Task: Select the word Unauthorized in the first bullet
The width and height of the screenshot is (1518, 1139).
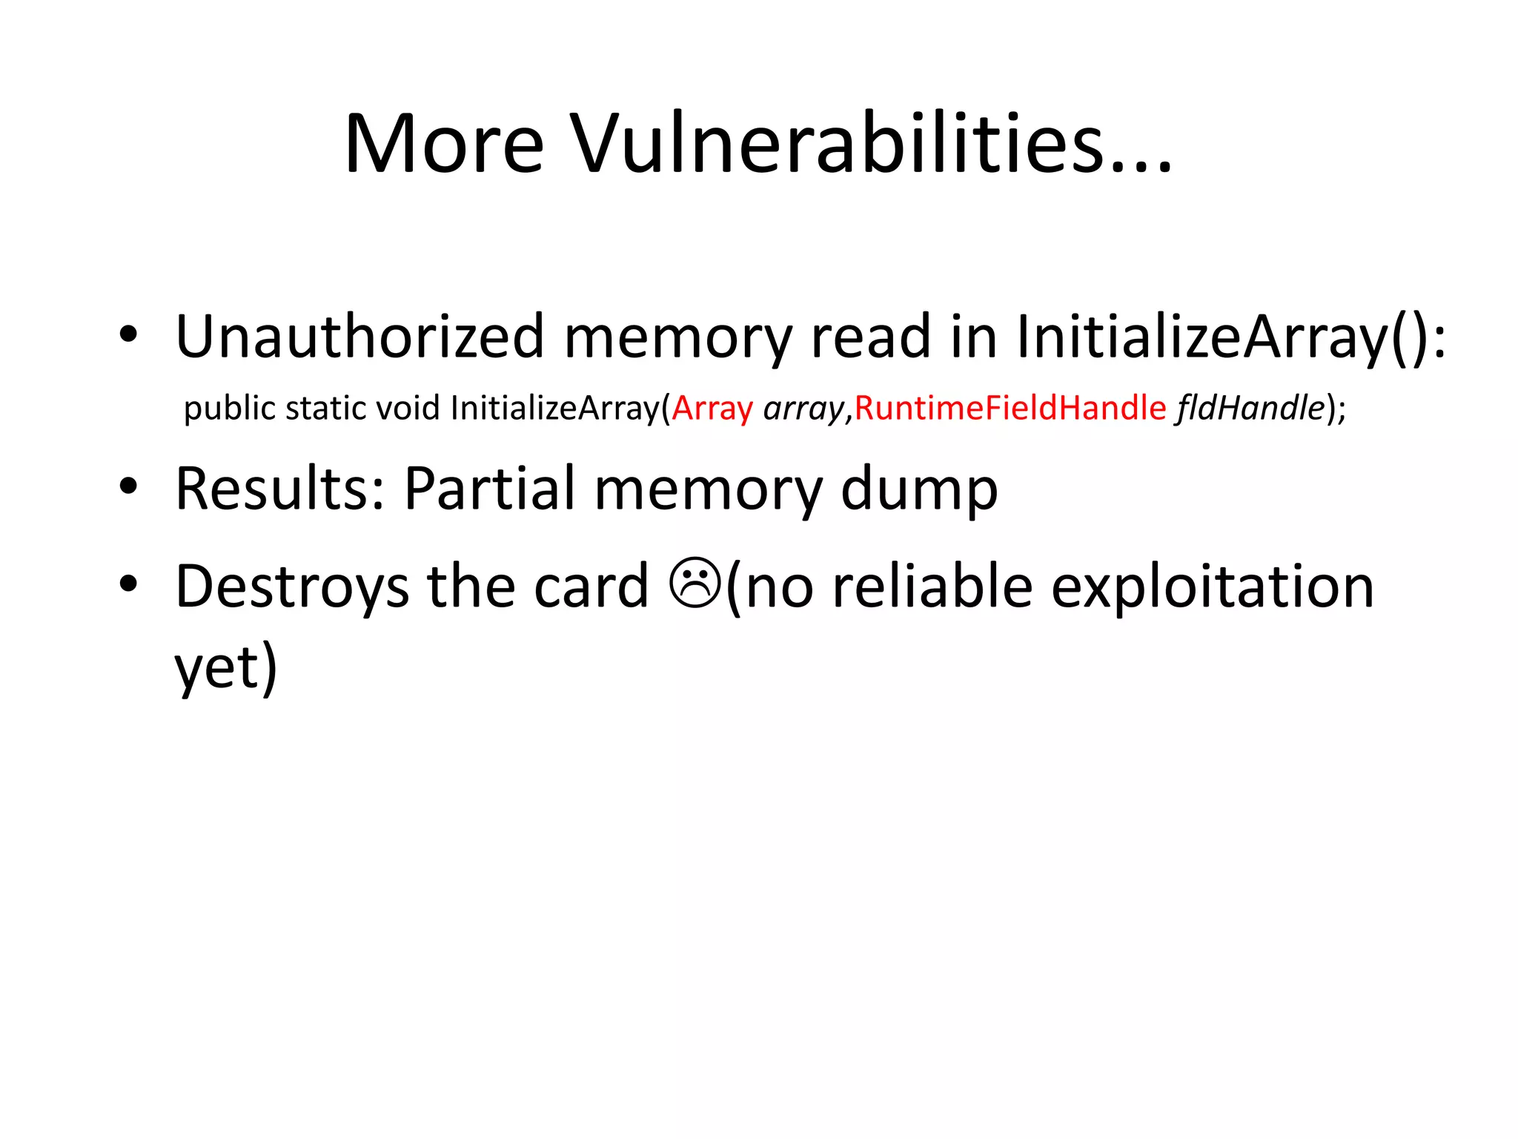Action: (x=359, y=337)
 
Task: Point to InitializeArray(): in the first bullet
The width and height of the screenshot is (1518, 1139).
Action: (x=1230, y=337)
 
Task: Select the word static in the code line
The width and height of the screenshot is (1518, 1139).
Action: (x=325, y=409)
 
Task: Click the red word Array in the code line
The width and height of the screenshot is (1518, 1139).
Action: (x=712, y=409)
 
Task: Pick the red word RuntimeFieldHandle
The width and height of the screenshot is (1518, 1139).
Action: (x=1010, y=409)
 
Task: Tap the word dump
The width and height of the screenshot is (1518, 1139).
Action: (x=919, y=489)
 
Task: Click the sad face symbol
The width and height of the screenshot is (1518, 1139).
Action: (x=694, y=584)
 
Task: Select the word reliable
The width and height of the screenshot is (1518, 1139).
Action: (x=932, y=587)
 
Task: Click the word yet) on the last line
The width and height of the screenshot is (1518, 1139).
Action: (x=226, y=667)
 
